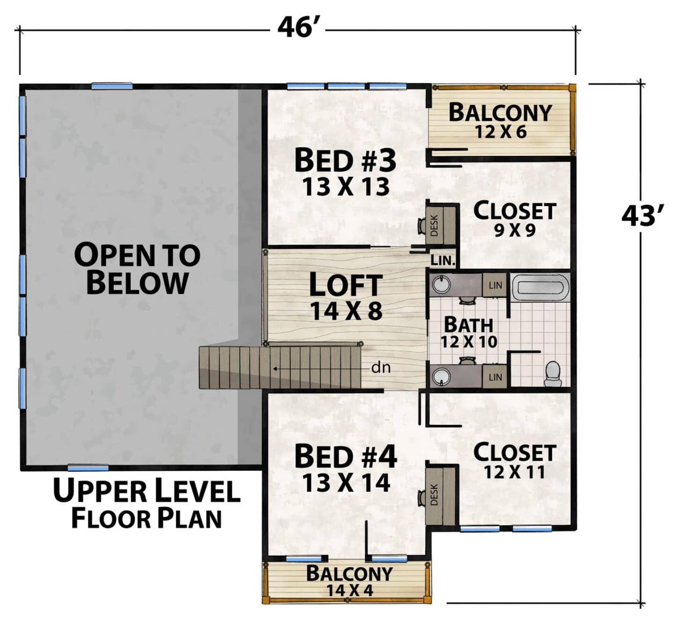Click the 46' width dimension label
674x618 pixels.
click(x=297, y=28)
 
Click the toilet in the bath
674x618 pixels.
click(x=552, y=373)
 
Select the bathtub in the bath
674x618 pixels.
click(x=540, y=287)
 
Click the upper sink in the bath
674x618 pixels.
click(x=441, y=285)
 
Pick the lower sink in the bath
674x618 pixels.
click(x=441, y=376)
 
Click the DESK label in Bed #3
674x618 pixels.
click(x=434, y=225)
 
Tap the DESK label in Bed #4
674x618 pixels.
click(x=434, y=494)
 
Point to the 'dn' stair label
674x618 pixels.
click(x=381, y=368)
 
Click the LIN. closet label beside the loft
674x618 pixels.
click(x=443, y=260)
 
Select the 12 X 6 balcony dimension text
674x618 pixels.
click(x=500, y=132)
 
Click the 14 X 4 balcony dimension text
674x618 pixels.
click(x=350, y=590)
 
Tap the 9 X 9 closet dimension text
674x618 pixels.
click(x=514, y=230)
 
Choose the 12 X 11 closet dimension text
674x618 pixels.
click(x=514, y=472)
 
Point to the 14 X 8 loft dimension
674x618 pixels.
click(x=346, y=311)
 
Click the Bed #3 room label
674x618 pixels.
click(x=345, y=161)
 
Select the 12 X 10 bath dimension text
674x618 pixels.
click(x=469, y=342)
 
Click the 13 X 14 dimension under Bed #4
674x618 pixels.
click(x=346, y=483)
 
